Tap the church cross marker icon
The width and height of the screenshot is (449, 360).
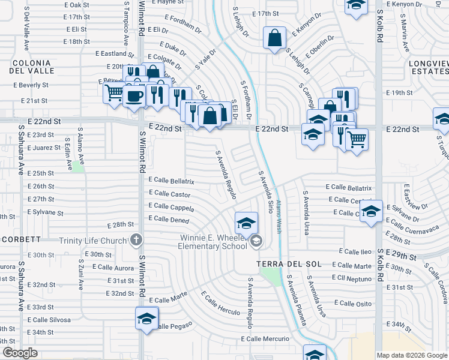(x=136, y=241)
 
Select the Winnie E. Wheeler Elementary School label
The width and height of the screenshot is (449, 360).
(x=214, y=242)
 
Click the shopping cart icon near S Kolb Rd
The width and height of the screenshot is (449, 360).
(x=357, y=140)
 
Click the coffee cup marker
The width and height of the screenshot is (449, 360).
(x=134, y=95)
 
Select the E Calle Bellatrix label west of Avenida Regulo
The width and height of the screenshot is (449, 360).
(x=171, y=181)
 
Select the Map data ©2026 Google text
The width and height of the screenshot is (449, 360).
(x=412, y=355)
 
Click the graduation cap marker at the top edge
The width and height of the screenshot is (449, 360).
(x=356, y=5)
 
